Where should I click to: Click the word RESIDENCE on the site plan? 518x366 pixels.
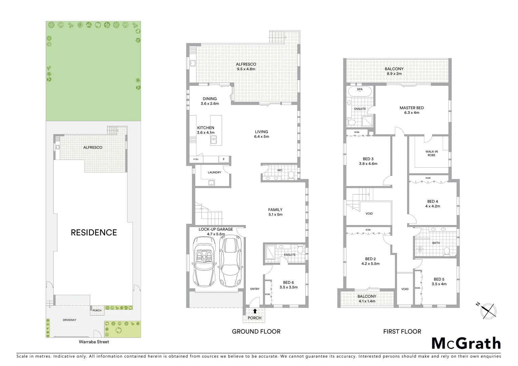(94, 232)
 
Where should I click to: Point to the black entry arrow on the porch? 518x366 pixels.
(255, 311)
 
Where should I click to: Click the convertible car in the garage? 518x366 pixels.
(203, 261)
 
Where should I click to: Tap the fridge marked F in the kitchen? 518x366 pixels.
(223, 159)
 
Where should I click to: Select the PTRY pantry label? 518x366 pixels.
(196, 159)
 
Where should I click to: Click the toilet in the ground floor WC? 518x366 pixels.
(291, 175)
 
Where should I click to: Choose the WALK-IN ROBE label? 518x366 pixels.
(430, 153)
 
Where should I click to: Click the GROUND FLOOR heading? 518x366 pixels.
(256, 331)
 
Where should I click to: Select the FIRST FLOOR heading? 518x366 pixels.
(402, 331)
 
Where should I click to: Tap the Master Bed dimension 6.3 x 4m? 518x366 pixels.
(412, 113)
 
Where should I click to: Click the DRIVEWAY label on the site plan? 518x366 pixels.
(69, 320)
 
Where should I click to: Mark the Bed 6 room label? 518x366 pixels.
(288, 282)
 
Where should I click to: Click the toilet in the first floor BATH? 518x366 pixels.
(447, 251)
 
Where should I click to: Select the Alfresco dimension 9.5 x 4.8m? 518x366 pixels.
(246, 69)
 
